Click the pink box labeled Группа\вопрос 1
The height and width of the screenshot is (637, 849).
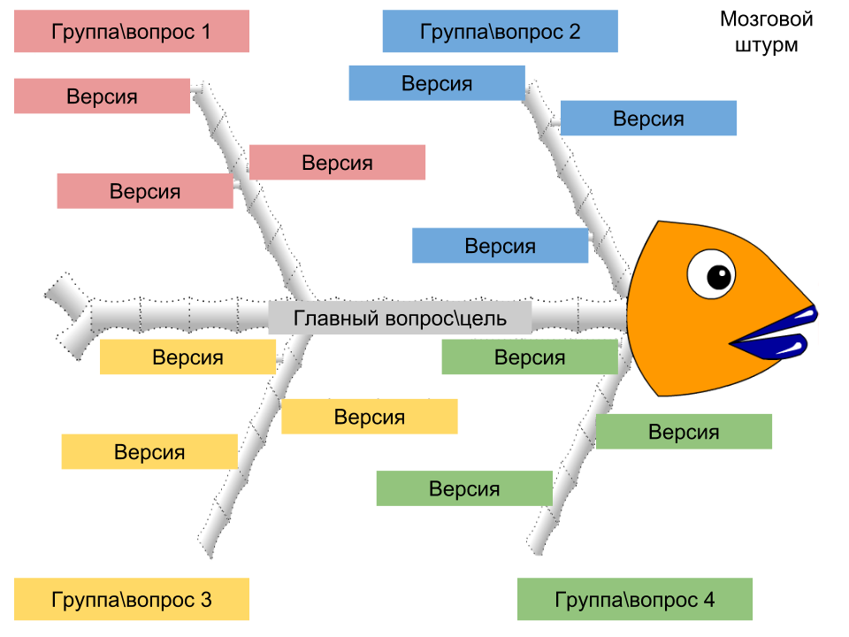[x=132, y=32]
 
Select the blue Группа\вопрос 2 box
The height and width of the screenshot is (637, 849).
[x=500, y=32]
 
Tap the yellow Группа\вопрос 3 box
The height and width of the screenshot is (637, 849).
[x=132, y=599]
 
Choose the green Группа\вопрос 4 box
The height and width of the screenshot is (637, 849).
[x=634, y=599]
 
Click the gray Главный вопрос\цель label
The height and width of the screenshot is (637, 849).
[x=400, y=318]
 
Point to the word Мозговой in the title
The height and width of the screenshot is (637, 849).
[x=766, y=19]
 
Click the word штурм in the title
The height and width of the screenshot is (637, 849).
[x=766, y=45]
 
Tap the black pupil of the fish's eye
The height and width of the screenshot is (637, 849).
[x=720, y=275]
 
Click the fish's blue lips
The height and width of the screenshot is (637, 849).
[x=778, y=335]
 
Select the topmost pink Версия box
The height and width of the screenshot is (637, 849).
[x=102, y=96]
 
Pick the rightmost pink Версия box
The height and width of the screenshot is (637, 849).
[x=337, y=163]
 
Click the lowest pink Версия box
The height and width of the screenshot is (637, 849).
[x=145, y=191]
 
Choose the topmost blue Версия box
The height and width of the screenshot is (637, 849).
[x=437, y=83]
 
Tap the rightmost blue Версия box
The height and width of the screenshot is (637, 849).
[x=648, y=118]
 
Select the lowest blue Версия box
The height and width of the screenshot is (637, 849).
[x=500, y=246]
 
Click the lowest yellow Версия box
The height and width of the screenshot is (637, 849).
[x=149, y=452]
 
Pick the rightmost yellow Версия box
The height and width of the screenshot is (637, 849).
[x=370, y=417]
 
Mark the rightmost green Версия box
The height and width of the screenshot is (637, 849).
[x=684, y=432]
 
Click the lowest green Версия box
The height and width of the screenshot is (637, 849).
[x=464, y=488]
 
